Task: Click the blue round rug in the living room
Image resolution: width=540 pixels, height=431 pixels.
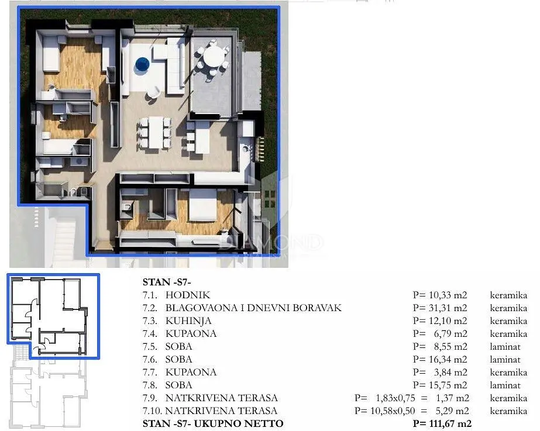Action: pos(142,64)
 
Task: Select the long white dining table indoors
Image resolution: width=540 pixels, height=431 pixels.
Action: pos(156,133)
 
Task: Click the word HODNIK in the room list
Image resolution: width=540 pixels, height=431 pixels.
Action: pos(188,295)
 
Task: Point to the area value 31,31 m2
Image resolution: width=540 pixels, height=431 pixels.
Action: pos(448,308)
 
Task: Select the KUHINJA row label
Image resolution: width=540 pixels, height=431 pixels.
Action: pos(188,321)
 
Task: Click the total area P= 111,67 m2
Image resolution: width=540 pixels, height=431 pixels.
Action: pos(442,424)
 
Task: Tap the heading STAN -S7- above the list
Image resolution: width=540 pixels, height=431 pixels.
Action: pos(167,282)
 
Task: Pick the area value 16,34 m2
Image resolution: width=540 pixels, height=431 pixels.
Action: pos(448,360)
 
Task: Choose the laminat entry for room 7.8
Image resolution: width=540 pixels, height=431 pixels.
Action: pos(505,385)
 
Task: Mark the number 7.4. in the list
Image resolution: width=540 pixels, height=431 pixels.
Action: pos(150,333)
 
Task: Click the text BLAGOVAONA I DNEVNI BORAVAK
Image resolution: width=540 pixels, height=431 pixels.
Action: pos(253,308)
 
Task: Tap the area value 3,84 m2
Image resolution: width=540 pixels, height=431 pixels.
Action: pos(450,372)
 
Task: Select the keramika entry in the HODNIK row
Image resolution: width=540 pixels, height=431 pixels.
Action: pos(508,295)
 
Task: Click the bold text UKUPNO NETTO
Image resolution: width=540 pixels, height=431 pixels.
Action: pos(239,424)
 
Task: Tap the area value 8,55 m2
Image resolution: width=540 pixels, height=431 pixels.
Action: pos(450,346)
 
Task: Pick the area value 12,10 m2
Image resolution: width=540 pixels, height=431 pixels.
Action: pos(448,321)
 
